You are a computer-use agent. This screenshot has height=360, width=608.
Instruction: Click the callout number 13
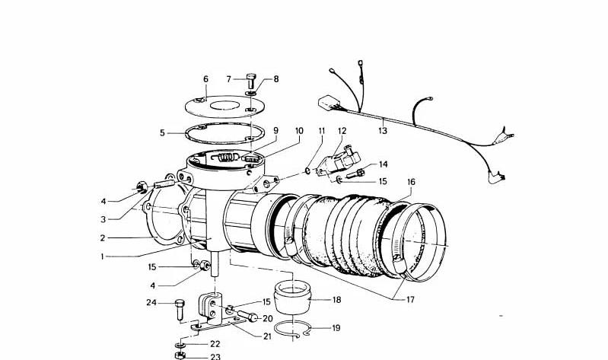click(382, 131)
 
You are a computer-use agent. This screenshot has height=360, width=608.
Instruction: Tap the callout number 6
click(205, 79)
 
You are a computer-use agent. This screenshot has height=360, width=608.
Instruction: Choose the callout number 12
click(342, 131)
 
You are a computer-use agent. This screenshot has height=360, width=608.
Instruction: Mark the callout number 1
click(101, 257)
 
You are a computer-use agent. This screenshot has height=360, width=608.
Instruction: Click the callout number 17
click(410, 300)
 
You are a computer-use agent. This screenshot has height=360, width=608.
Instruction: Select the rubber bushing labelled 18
click(293, 298)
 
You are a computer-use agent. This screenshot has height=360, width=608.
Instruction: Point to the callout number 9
click(275, 131)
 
